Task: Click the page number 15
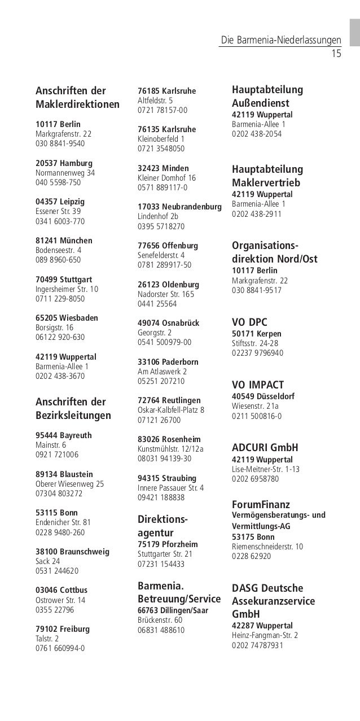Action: (x=336, y=54)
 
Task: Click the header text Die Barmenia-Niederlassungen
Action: (x=281, y=41)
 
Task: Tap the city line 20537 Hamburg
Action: (x=59, y=163)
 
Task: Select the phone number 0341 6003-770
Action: (x=60, y=222)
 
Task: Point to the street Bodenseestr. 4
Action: (x=58, y=251)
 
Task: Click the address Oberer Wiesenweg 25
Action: (x=69, y=484)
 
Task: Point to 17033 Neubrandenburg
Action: (x=179, y=207)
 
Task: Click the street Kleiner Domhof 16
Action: (x=166, y=178)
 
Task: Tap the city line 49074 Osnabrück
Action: (x=168, y=323)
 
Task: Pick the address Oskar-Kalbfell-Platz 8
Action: (x=171, y=410)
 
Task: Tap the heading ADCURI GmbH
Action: (x=265, y=448)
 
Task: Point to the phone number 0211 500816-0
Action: (x=257, y=416)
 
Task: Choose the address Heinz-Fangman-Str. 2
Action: (x=265, y=635)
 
